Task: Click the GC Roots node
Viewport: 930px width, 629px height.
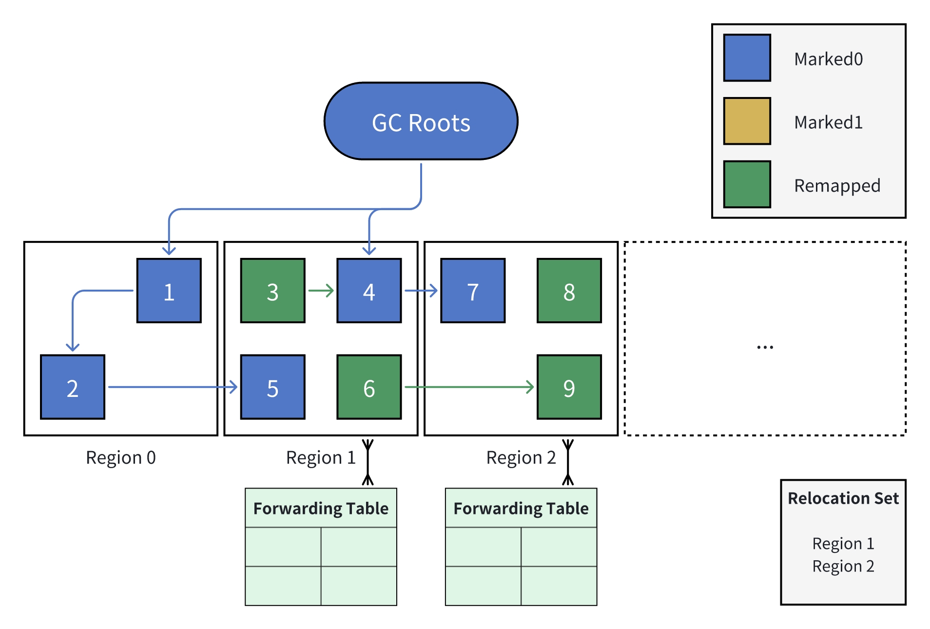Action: tap(421, 121)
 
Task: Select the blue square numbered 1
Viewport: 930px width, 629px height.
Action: tap(169, 291)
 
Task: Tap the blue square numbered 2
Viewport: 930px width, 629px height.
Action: tap(73, 387)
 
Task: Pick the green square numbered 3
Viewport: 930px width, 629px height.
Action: tap(272, 291)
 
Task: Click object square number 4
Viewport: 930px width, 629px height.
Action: tap(369, 291)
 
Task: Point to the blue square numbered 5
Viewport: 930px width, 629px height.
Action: tap(272, 387)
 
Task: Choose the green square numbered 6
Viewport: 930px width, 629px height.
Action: tap(369, 387)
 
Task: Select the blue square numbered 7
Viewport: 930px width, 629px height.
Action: tap(473, 291)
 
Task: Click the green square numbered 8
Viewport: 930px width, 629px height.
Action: tap(569, 291)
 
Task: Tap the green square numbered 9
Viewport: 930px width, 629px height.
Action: tap(569, 387)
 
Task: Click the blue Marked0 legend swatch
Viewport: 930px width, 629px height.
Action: tap(747, 58)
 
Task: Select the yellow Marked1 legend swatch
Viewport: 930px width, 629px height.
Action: tap(747, 121)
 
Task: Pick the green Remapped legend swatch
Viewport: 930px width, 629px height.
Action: tap(747, 184)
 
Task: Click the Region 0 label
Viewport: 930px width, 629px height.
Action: tap(121, 458)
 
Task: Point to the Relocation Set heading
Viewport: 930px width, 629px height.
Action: tap(843, 498)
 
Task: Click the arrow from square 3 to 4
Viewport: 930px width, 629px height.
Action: tap(321, 291)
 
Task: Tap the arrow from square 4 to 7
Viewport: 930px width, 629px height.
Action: tap(421, 291)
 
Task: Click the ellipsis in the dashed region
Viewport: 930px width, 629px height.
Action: tap(765, 347)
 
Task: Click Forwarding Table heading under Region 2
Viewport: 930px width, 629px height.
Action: tap(521, 509)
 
